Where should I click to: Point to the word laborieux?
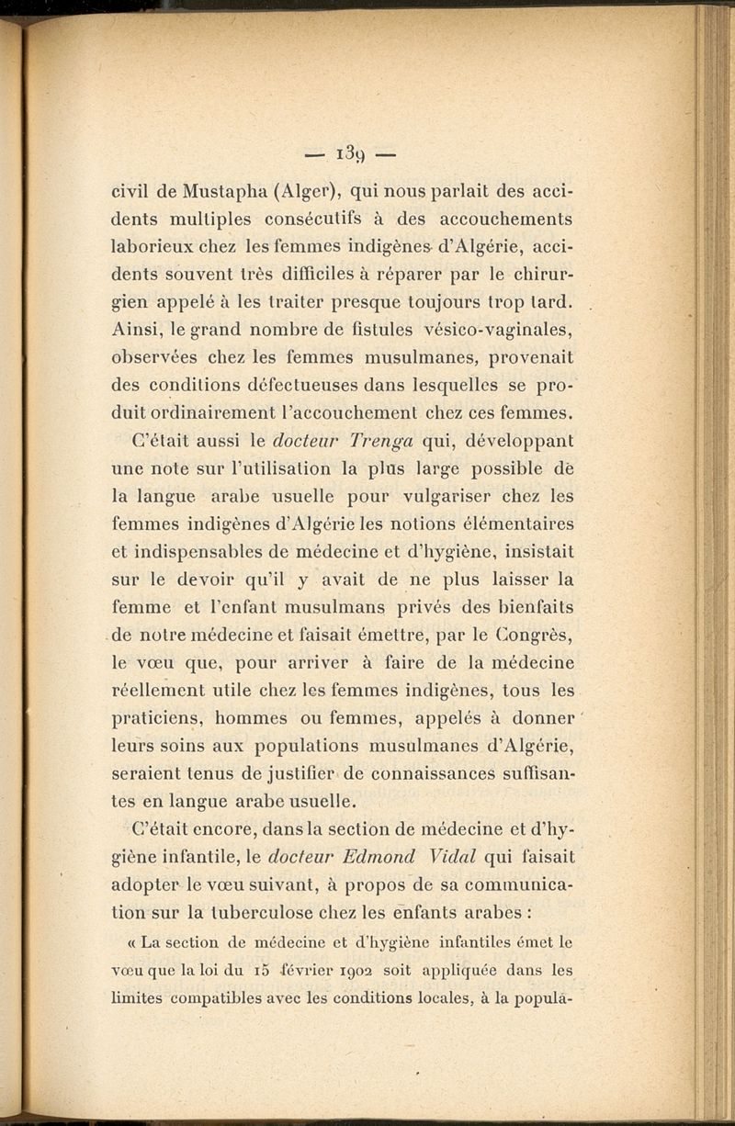point(154,248)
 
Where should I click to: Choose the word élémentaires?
point(510,524)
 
